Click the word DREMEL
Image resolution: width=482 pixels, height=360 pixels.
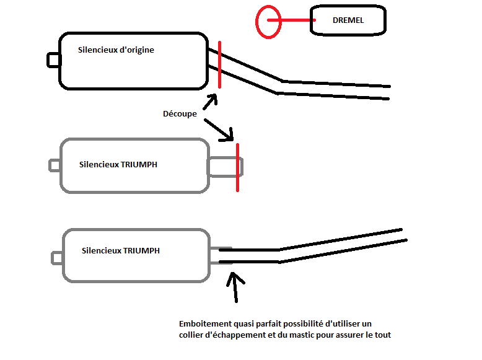[x=348, y=20]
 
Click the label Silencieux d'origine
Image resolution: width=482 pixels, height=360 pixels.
[x=116, y=50]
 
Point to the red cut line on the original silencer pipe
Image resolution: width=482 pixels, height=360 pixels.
[x=219, y=64]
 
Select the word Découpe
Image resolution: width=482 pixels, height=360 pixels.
[x=180, y=114]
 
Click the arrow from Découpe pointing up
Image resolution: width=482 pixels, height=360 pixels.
[x=210, y=102]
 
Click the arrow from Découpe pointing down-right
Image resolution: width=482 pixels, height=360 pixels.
[x=219, y=130]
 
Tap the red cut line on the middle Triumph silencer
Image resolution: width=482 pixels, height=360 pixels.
[x=238, y=167]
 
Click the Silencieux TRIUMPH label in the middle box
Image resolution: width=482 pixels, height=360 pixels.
[x=118, y=164]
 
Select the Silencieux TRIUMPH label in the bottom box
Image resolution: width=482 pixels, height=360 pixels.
[x=120, y=250]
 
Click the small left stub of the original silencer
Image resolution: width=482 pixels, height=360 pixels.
[x=53, y=60]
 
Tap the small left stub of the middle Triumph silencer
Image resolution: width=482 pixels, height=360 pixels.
[x=55, y=165]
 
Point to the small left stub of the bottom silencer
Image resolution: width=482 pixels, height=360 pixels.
[x=57, y=258]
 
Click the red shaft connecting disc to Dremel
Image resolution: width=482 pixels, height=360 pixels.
[x=291, y=20]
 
